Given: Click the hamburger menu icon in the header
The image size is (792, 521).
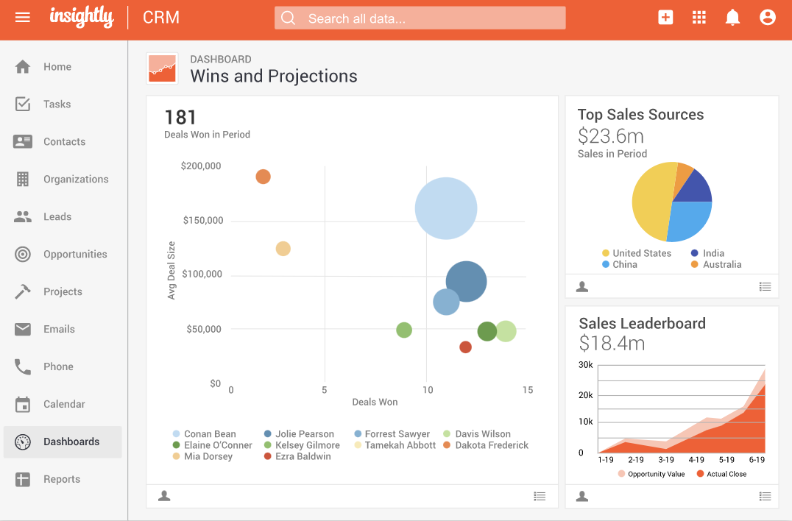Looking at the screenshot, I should click(x=23, y=17).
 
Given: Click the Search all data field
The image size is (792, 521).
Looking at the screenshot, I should click(x=420, y=18).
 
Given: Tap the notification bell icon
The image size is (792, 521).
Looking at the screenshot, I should click(x=732, y=18).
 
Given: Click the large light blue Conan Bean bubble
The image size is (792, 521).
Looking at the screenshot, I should click(x=446, y=209).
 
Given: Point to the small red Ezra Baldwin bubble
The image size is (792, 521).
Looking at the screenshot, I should click(x=465, y=347).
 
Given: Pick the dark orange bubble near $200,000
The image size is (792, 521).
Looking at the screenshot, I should click(x=263, y=177).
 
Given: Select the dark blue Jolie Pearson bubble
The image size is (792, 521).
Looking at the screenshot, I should click(x=467, y=281).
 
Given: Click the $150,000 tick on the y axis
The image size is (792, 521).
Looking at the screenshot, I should click(x=202, y=220).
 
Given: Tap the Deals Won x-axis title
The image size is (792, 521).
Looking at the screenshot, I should click(x=375, y=402).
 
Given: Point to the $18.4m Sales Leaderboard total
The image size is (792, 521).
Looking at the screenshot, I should click(x=612, y=343).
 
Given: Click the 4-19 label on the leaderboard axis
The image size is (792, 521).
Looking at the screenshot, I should click(x=696, y=459).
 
